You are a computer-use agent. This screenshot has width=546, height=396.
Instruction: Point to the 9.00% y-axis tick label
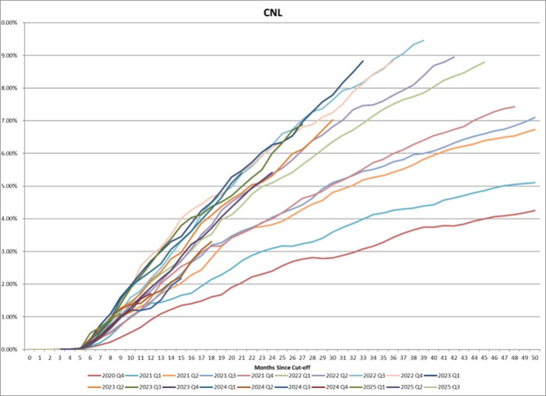[9, 55]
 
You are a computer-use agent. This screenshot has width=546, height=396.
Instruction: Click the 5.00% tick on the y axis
[9, 185]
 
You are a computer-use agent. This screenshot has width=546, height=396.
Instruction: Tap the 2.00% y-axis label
[9, 284]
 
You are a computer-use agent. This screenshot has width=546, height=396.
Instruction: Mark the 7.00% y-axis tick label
[9, 120]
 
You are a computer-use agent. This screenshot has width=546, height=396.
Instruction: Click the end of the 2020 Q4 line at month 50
[535, 211]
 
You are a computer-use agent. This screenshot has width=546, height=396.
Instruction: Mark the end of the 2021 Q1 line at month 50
[535, 183]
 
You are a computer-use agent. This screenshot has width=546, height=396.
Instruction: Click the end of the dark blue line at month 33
[363, 61]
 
